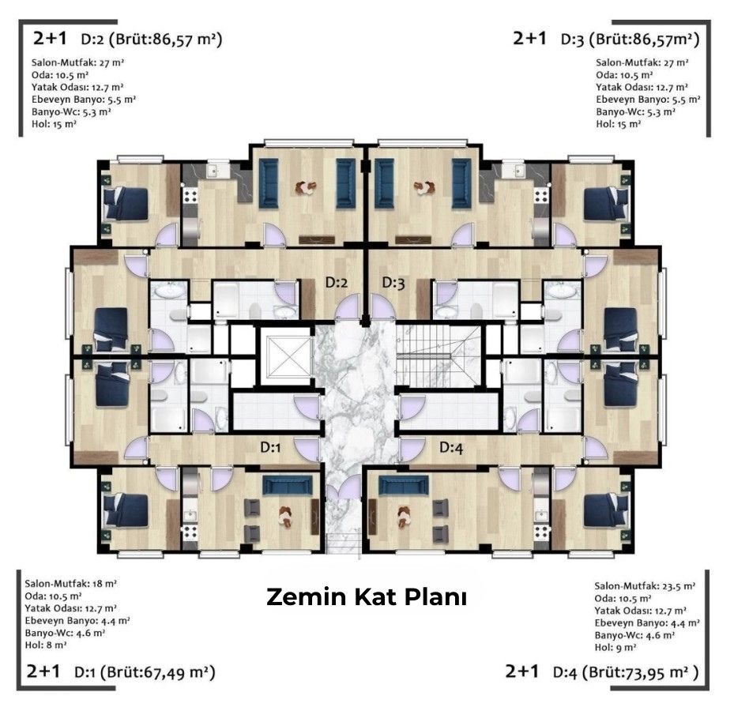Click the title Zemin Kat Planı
tap(367, 596)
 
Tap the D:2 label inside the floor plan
tap(337, 282)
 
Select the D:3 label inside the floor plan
tap(393, 282)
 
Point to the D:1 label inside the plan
tap(270, 447)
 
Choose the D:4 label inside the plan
tap(451, 447)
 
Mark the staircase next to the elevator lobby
tap(439, 355)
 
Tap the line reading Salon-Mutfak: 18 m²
tap(70, 584)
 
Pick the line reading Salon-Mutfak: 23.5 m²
tap(645, 586)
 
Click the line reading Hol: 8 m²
tap(45, 645)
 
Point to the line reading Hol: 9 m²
tap(615, 647)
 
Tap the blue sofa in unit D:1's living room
tap(288, 485)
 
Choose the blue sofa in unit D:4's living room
tap(404, 485)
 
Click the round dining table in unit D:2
tap(306, 188)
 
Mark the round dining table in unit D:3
tap(424, 188)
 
